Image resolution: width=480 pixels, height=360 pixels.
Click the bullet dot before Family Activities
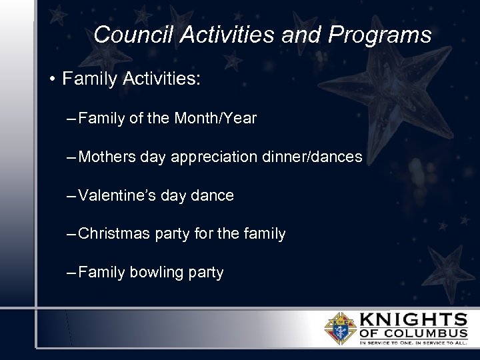(x=51, y=79)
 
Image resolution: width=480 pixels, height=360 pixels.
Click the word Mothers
(x=107, y=157)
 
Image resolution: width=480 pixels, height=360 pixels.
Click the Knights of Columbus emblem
(x=340, y=327)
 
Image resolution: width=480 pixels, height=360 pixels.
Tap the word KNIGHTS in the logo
(x=413, y=318)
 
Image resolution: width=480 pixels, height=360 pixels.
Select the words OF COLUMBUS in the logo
(x=413, y=333)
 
